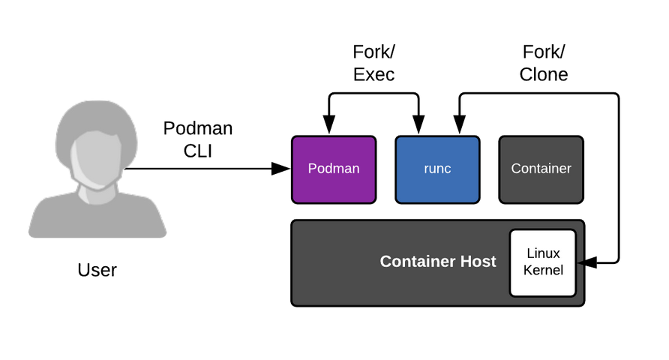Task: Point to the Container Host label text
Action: [x=438, y=262]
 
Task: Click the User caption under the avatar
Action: [x=97, y=270]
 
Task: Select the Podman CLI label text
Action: [x=198, y=139]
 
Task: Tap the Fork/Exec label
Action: [x=373, y=63]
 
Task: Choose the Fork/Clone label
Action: [x=544, y=63]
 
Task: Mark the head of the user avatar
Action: [x=97, y=146]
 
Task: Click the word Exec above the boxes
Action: [x=373, y=74]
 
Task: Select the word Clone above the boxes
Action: [x=544, y=74]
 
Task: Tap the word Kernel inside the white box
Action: [x=544, y=270]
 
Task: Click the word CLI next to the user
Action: [x=198, y=150]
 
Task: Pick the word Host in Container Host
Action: [x=477, y=262]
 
